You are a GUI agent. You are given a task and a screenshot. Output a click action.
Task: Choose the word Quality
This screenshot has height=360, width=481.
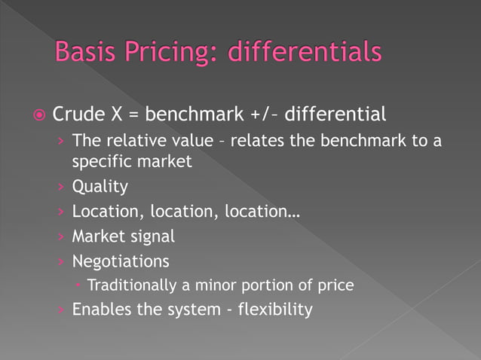pos(100,186)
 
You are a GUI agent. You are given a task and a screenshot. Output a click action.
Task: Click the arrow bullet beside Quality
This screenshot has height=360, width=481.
pos(61,186)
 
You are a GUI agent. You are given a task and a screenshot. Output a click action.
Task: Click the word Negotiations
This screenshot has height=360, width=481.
pos(121,261)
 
